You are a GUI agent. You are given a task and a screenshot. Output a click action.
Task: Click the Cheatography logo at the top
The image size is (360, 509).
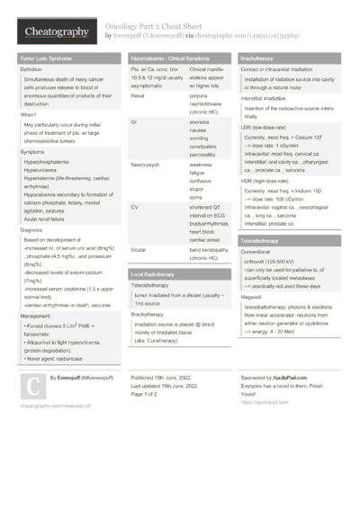point(56,32)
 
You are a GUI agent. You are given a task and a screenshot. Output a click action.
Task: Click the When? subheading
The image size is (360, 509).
point(29,114)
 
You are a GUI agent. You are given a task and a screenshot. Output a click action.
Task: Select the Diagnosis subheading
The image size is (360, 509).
point(32,230)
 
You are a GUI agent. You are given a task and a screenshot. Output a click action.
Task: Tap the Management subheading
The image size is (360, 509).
point(36,317)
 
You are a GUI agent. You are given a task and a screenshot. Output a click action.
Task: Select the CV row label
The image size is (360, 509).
point(135,206)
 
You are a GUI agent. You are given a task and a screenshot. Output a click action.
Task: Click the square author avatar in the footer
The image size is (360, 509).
point(31,362)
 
